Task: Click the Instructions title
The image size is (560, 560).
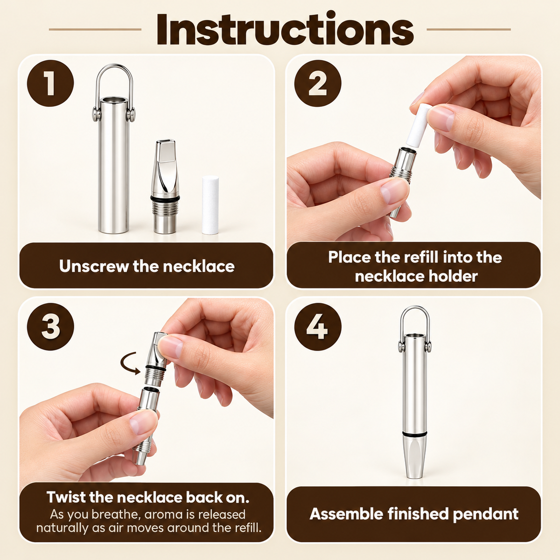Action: tap(285, 29)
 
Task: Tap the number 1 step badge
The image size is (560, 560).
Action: tap(50, 83)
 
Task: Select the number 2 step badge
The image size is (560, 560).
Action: tap(318, 83)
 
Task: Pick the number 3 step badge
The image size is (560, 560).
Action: tap(50, 326)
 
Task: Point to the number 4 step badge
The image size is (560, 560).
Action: tap(318, 326)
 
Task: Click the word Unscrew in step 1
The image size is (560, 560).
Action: tap(94, 266)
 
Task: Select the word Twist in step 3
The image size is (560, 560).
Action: tap(66, 497)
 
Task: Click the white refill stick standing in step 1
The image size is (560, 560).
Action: tap(210, 205)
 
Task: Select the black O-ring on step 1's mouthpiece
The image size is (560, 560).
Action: tap(165, 198)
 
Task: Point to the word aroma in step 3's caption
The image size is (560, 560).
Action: tap(164, 515)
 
